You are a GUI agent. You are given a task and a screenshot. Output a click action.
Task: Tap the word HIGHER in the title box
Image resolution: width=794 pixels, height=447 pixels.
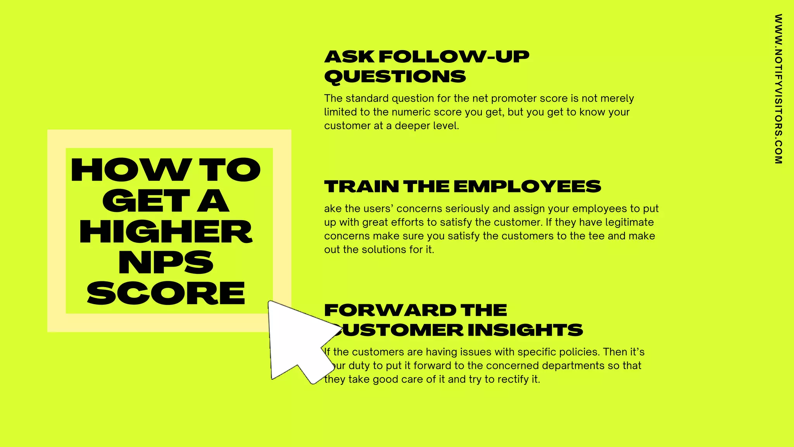[x=166, y=232]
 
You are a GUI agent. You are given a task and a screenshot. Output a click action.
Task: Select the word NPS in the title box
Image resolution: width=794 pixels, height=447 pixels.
[x=166, y=263]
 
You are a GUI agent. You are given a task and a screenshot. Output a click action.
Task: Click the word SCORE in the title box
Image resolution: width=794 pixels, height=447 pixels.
[x=166, y=293]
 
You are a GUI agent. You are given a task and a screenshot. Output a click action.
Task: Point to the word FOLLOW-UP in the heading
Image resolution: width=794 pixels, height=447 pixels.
[x=454, y=57]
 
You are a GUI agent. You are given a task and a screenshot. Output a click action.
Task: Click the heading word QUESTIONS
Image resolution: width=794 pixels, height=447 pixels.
[x=395, y=76]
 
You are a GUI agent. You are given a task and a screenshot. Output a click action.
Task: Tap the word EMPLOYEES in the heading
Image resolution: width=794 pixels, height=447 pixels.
[x=527, y=187]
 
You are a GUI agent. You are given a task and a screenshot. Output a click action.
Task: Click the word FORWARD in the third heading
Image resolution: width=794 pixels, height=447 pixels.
[x=390, y=310]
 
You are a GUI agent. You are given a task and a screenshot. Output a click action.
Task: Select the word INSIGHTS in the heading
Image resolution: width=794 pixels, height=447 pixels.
[x=525, y=330]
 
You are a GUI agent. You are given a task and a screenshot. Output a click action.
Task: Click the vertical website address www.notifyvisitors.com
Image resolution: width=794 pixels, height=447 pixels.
[x=778, y=89]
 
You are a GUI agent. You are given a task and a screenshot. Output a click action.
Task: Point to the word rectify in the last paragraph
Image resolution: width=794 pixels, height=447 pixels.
[x=511, y=379]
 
